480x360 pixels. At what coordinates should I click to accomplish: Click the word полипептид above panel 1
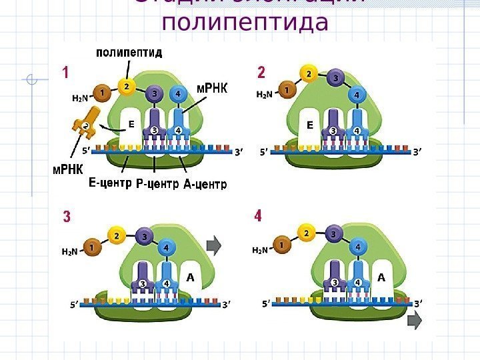click(129, 52)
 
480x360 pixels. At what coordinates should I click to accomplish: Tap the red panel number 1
click(66, 72)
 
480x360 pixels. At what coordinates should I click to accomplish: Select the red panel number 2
click(261, 72)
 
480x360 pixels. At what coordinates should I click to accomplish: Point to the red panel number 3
click(67, 217)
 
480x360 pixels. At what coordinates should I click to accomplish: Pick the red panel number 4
click(258, 216)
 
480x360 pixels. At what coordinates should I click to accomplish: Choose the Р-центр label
click(157, 183)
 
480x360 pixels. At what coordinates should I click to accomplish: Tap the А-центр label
click(205, 183)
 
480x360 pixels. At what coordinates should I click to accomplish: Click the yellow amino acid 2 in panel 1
click(127, 86)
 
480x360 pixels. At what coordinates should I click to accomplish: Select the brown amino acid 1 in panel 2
click(287, 89)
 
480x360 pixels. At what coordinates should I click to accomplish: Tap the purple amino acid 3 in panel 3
click(144, 237)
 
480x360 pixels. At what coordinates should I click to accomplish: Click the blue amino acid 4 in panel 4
click(358, 247)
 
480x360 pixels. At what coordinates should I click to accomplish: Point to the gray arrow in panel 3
click(214, 246)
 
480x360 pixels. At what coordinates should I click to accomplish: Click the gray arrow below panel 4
click(414, 323)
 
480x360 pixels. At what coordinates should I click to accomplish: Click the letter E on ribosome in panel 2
click(309, 124)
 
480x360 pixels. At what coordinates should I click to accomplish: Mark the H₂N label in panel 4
click(260, 251)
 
